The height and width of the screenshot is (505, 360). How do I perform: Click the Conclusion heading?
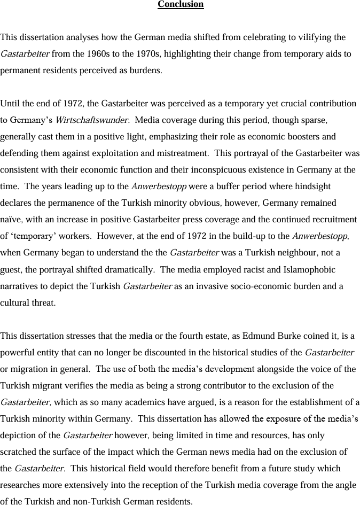point(181,5)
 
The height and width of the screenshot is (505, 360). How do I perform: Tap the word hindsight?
point(312,187)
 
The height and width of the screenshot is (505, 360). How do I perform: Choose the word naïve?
point(12,220)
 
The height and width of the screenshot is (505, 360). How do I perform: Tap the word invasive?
point(216,286)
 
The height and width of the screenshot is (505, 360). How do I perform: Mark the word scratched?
point(19,452)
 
